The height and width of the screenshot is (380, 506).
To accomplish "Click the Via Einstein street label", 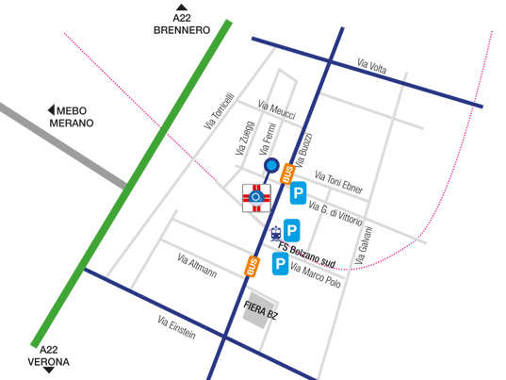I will point(176,327).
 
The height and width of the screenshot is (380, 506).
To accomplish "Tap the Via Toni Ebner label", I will point(339,180).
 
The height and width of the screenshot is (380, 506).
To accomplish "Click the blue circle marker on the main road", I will point(271,167).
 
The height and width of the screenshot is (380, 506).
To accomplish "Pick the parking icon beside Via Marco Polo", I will point(281,265).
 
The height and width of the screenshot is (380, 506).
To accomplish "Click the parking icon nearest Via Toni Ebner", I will point(298,195).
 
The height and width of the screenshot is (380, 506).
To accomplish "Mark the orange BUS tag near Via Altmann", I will point(252,267).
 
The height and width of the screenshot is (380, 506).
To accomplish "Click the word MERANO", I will point(73,124).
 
